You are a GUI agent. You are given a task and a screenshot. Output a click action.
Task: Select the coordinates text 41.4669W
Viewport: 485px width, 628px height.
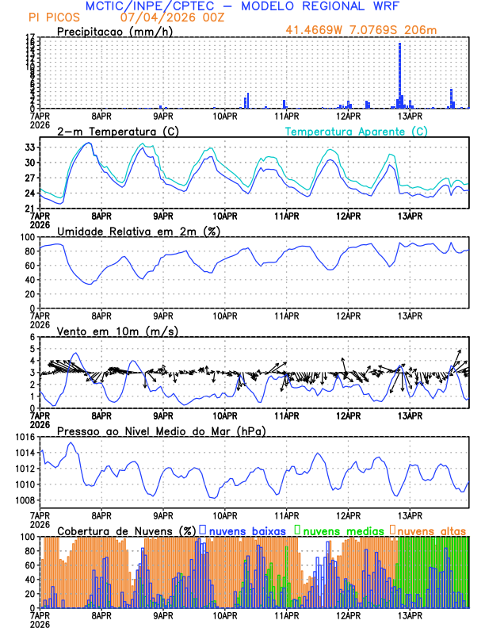click(x=317, y=30)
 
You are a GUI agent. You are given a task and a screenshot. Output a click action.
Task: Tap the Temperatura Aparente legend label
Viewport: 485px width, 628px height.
click(x=356, y=131)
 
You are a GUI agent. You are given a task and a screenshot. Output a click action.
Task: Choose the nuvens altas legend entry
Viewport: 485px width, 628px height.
click(x=431, y=529)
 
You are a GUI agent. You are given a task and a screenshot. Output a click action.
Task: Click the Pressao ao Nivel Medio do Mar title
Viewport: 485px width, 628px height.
click(x=161, y=431)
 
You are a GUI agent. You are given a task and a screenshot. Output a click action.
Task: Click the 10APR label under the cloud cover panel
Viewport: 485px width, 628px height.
click(x=225, y=615)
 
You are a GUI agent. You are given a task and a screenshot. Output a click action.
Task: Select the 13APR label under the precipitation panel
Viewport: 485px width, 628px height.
click(x=410, y=116)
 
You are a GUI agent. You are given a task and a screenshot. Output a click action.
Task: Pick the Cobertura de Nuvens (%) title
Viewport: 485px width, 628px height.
click(x=127, y=530)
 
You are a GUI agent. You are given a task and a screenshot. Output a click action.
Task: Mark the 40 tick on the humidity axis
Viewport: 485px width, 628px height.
click(x=30, y=279)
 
